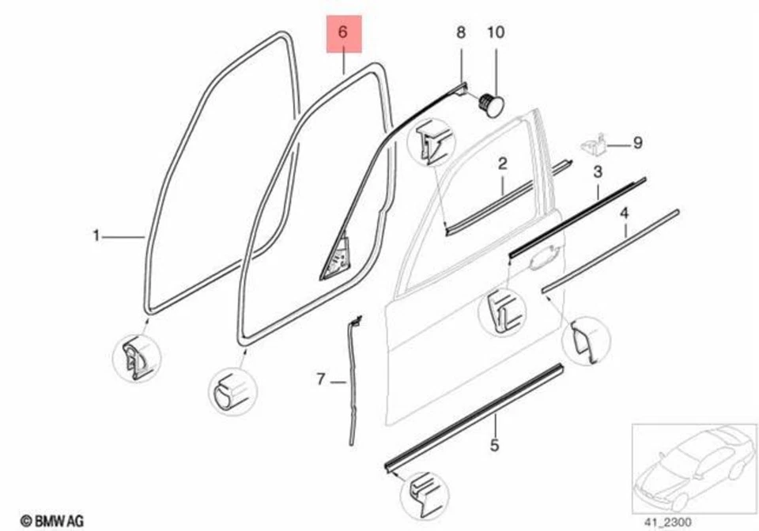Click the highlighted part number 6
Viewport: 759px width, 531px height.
click(343, 35)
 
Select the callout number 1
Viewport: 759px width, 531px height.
click(96, 235)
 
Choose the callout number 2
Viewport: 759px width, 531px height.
click(502, 164)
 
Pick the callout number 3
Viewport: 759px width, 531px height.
click(598, 171)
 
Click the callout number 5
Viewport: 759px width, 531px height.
click(494, 446)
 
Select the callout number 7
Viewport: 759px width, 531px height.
click(321, 380)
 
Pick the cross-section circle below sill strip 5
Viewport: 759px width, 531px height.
click(424, 495)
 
